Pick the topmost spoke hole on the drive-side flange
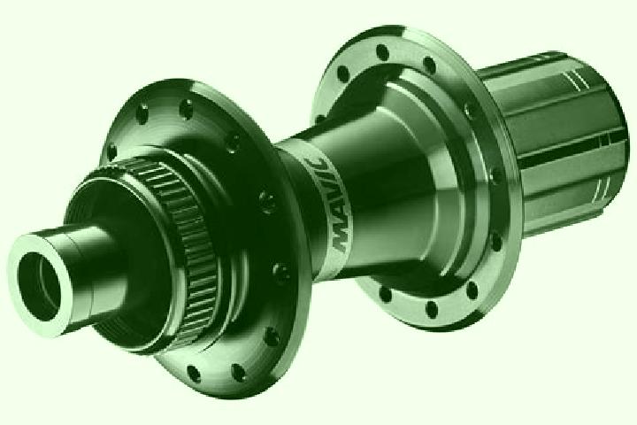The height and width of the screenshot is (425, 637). (x=382, y=52)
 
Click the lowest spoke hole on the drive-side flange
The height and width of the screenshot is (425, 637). (x=431, y=310)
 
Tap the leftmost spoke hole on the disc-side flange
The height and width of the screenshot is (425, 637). (x=111, y=151)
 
